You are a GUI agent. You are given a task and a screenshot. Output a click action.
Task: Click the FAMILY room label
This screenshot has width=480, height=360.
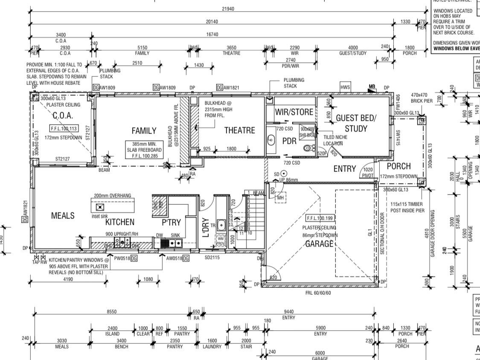tap(144, 131)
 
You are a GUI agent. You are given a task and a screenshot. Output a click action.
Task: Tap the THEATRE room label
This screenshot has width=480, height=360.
tap(239, 131)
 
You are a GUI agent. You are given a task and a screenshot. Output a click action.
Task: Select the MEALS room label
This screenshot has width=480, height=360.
tap(63, 215)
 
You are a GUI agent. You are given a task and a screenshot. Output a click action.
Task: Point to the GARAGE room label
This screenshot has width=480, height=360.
tap(319, 244)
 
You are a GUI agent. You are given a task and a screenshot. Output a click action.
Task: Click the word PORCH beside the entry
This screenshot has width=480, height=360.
tap(399, 166)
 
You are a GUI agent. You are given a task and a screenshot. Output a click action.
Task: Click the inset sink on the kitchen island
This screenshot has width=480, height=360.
tap(100, 207)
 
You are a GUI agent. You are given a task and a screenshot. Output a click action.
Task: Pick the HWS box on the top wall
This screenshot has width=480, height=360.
tap(345, 87)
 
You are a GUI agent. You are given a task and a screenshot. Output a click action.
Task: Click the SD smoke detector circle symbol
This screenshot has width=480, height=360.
tap(284, 174)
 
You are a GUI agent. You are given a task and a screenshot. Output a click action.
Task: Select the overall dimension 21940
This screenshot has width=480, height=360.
tap(228, 9)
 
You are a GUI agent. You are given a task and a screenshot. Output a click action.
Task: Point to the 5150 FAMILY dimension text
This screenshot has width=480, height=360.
tap(142, 48)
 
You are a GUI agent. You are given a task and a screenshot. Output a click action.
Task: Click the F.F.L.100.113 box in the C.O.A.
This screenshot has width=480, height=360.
tap(64, 128)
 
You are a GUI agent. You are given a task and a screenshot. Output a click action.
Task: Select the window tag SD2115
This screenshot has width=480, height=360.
tap(212, 257)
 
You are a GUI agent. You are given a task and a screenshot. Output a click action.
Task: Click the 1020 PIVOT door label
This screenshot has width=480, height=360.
tap(367, 172)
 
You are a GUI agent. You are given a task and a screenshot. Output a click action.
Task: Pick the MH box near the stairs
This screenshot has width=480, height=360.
tap(281, 197)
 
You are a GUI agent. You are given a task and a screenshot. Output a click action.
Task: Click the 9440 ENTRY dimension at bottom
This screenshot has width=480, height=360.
tap(288, 312)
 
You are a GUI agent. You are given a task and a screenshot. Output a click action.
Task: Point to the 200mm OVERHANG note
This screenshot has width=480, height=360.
tap(113, 195)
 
